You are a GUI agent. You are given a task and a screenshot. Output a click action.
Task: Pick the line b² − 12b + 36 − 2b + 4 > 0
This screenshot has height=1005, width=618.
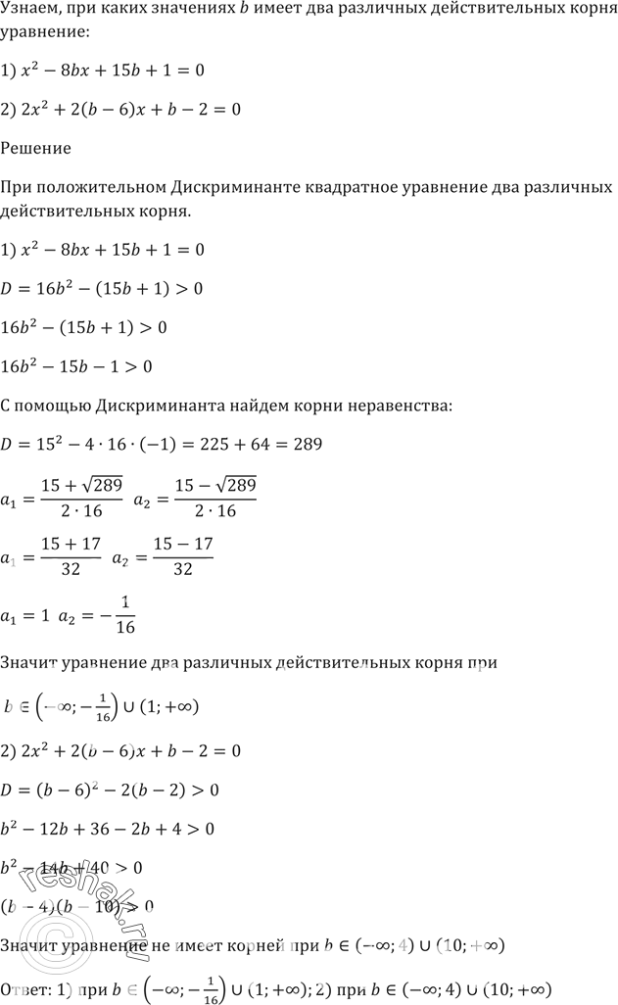108,829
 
